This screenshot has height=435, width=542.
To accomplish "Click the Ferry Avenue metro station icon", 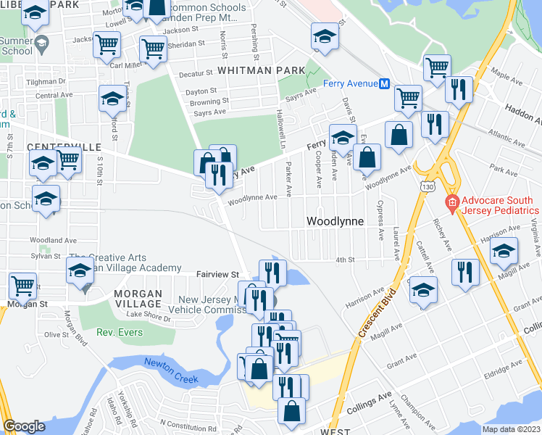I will click(385, 83).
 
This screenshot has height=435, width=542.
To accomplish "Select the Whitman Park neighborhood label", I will click(253, 70).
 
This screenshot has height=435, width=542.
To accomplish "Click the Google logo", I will click(24, 426).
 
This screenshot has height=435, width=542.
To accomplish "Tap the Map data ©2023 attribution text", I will click(511, 429).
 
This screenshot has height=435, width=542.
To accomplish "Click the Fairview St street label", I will click(217, 275).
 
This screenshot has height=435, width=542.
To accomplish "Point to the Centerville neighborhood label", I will click(64, 147).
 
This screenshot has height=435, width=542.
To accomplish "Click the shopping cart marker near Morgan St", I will click(23, 285).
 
